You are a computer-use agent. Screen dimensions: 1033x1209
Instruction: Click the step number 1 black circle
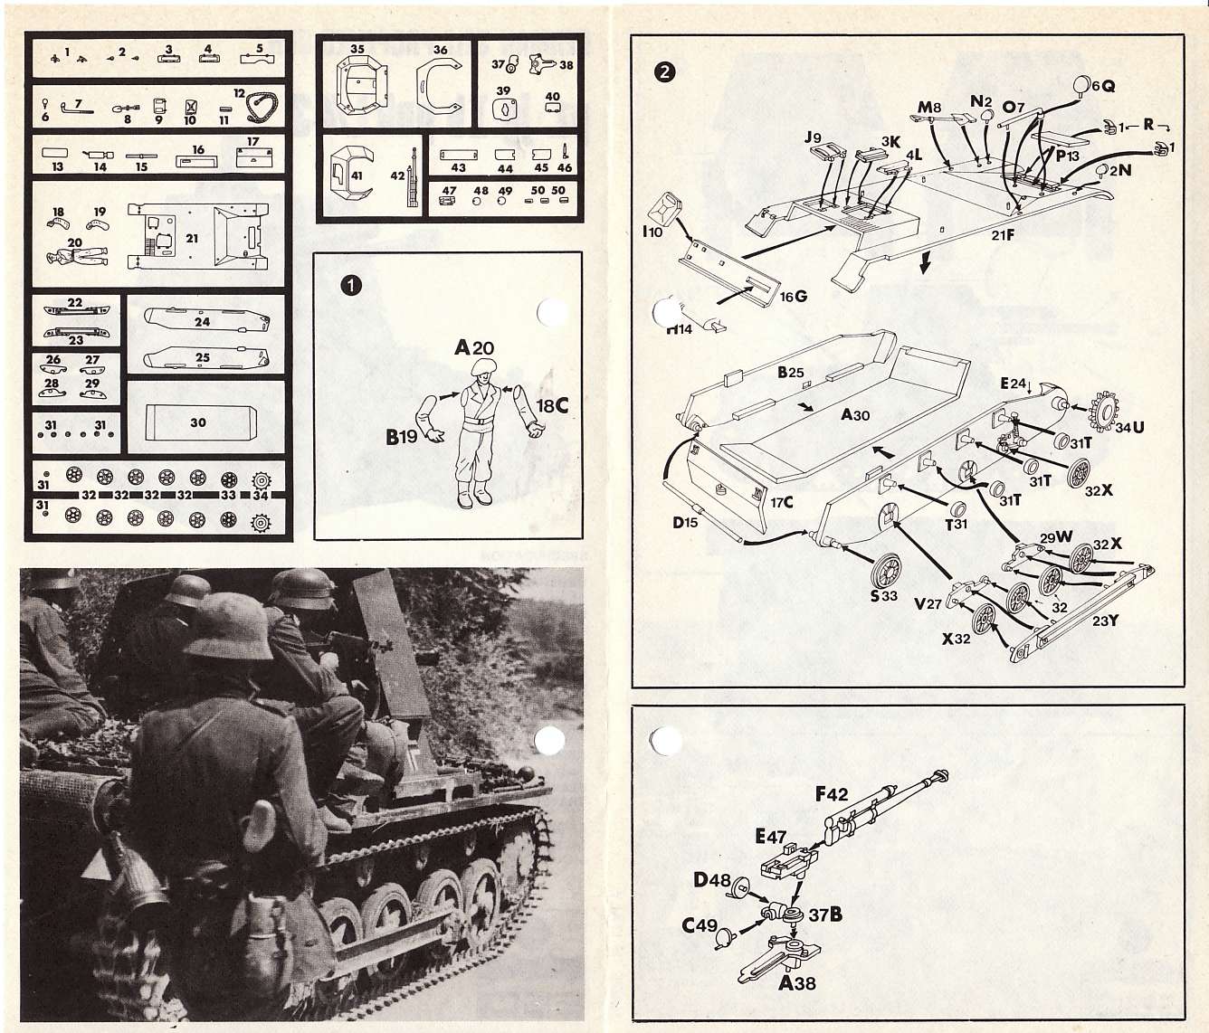[350, 285]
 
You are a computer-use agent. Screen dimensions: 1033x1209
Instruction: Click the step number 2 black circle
[665, 71]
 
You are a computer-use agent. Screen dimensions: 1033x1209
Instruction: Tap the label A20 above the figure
[474, 347]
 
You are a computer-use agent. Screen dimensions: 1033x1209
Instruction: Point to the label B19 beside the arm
[402, 437]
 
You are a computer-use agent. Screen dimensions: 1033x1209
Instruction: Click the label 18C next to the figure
[552, 406]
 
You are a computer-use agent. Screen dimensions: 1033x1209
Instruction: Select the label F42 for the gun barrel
[832, 794]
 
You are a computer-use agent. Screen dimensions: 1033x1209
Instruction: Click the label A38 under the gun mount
[797, 982]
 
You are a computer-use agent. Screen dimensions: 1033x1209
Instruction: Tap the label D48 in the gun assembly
[712, 879]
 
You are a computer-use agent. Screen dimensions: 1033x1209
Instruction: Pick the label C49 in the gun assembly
[700, 925]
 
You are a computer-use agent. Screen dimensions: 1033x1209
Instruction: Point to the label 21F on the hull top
[1003, 235]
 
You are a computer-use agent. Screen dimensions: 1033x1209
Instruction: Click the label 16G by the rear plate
[793, 297]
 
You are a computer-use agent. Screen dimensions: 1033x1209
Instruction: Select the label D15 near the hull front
[685, 522]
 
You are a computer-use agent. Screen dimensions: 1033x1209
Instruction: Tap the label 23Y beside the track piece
[1105, 621]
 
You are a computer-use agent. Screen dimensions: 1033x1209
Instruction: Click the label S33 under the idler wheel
[883, 595]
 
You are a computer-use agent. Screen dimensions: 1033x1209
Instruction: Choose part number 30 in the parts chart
[198, 422]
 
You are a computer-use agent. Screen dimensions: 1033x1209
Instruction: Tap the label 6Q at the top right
[1102, 86]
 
